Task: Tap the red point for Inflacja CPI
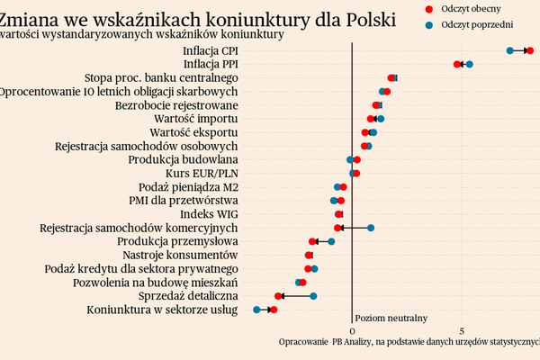coord(530,51)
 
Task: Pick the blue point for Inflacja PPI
coord(469,65)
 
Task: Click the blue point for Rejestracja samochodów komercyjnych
coord(371,228)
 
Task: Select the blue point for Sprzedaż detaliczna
coord(313,296)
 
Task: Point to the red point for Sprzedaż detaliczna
coord(278,296)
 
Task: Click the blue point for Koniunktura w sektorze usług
coord(256,310)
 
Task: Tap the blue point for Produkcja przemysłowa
coord(331,241)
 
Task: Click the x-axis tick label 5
coord(462,329)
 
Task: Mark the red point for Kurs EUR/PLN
coord(355,173)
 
